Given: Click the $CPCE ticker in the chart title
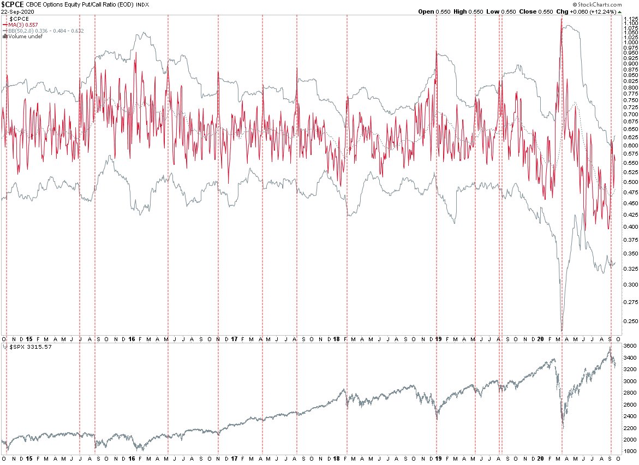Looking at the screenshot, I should pyautogui.click(x=11, y=4).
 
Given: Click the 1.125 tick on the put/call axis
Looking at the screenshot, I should pyautogui.click(x=630, y=19).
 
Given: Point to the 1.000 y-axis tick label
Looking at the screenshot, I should pyautogui.click(x=630, y=42).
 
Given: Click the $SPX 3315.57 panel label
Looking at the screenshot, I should pyautogui.click(x=25, y=347).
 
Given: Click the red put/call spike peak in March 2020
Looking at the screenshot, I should pyautogui.click(x=561, y=20).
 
